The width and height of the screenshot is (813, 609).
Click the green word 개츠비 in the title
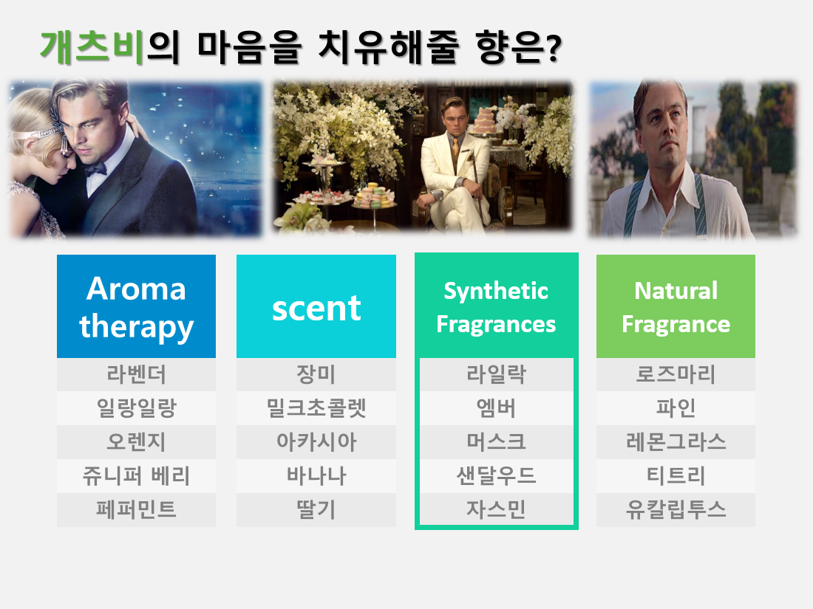[92, 47]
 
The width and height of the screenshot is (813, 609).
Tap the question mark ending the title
[554, 49]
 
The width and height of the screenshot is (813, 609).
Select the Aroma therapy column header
[137, 306]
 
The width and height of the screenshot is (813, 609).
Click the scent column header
[316, 306]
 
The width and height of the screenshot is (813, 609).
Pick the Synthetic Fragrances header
[496, 306]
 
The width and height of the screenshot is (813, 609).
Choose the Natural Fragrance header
[676, 306]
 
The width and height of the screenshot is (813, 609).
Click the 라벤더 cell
[137, 374]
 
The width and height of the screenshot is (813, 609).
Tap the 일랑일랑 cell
[137, 408]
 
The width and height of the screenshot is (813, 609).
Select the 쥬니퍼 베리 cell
[137, 476]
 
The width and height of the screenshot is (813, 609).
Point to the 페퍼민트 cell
[137, 510]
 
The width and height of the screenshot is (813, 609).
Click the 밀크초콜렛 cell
[316, 408]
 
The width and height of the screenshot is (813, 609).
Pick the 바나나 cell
[316, 476]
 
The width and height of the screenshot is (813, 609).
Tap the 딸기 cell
[316, 510]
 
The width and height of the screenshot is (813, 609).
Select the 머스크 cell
[496, 441]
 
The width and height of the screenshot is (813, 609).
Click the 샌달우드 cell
[496, 476]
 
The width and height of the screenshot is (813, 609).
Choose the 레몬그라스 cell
[676, 441]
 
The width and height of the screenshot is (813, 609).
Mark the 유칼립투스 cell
[676, 510]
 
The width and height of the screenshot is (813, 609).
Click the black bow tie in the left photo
[95, 169]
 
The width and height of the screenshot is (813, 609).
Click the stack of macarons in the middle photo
[373, 196]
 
